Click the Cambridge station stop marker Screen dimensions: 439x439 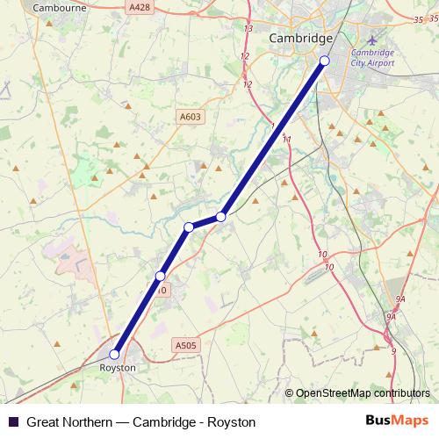click(325, 60)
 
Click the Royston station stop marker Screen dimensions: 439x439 click(114, 354)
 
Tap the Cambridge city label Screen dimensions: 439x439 click(301, 39)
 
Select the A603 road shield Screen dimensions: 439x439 click(189, 115)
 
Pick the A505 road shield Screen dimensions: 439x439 click(185, 346)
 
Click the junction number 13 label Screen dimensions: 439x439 click(248, 29)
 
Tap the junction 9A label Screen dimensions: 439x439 click(399, 299)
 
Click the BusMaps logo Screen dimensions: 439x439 click(397, 421)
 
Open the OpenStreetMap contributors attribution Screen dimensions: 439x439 click(362, 393)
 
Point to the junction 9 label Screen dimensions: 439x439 click(393, 351)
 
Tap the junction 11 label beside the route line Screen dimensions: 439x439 click(286, 139)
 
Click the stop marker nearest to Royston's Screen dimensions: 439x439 click(160, 277)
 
